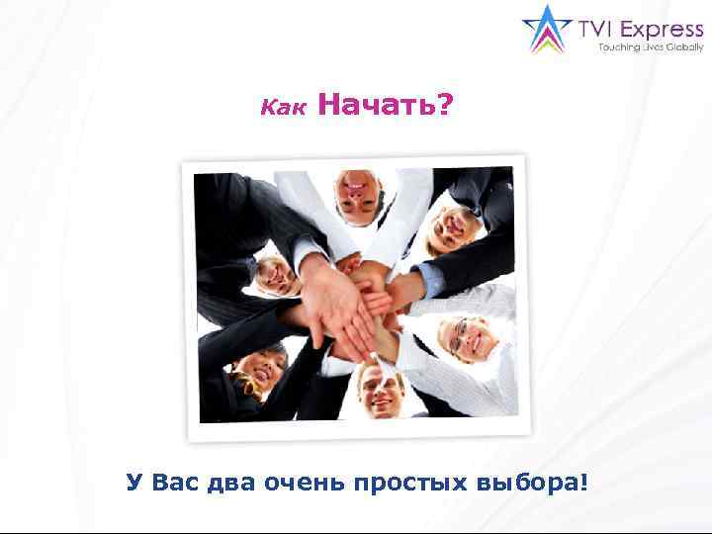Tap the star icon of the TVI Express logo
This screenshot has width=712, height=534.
coord(544,30)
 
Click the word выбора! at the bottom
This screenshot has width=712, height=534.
coord(535,483)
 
